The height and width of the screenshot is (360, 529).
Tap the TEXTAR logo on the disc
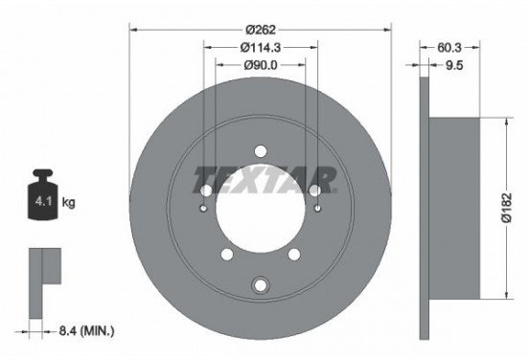tap(264, 178)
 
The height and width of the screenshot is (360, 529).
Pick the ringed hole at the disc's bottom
tap(260, 285)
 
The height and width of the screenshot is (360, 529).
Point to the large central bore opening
tap(260, 213)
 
